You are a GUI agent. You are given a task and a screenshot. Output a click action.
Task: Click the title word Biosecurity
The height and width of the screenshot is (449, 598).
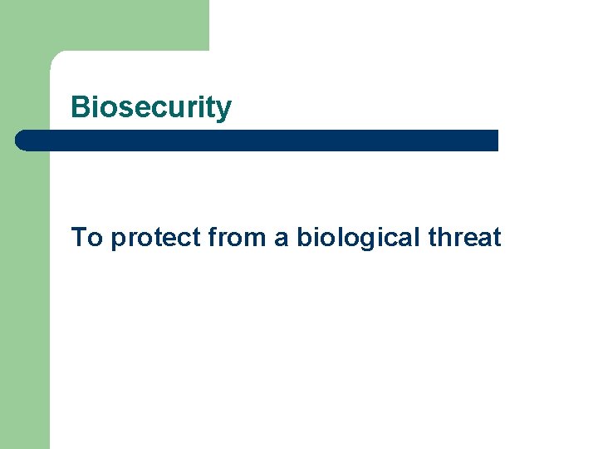(x=151, y=107)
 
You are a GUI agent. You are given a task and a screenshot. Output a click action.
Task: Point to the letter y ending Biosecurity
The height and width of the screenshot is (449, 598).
(x=224, y=111)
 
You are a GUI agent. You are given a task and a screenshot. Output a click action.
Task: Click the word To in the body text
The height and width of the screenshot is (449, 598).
(x=86, y=238)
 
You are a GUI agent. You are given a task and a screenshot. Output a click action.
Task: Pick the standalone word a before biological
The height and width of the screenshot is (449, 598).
(x=282, y=239)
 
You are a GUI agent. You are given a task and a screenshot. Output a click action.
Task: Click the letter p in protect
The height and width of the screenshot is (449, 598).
(x=119, y=241)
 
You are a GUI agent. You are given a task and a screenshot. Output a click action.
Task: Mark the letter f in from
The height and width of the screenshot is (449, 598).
(x=213, y=238)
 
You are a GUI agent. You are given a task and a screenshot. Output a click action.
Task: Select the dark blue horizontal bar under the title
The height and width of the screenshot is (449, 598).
(x=257, y=141)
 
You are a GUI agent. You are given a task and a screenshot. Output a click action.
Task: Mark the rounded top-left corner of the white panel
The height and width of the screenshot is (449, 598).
(x=56, y=57)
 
